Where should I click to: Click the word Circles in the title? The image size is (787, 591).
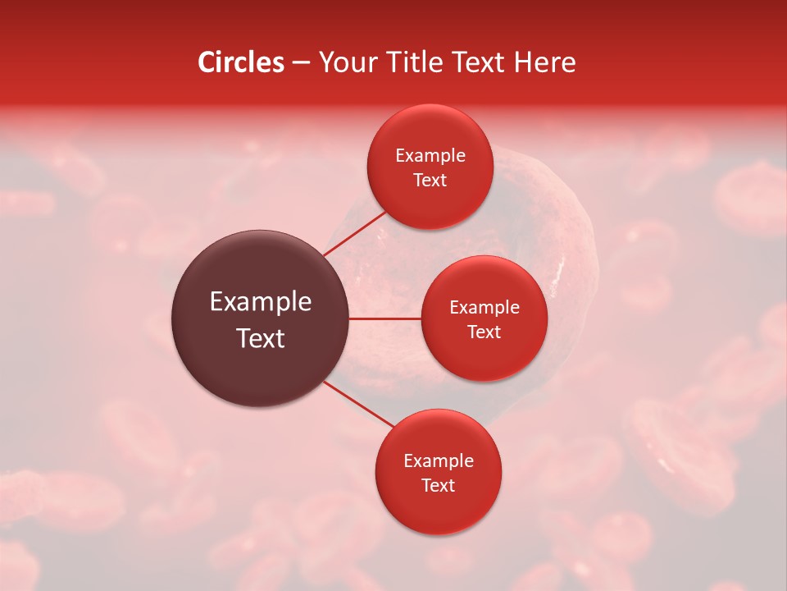(241, 62)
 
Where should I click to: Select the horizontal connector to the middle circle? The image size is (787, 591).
(385, 318)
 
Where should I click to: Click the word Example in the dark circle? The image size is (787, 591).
(261, 302)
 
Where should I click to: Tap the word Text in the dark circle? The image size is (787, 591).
(261, 338)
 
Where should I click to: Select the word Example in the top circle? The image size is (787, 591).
(430, 156)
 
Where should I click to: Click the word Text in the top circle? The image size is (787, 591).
(430, 181)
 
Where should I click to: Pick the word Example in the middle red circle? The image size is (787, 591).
(484, 308)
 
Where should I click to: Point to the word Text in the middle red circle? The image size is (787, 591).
(484, 332)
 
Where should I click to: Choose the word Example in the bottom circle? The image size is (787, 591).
(439, 461)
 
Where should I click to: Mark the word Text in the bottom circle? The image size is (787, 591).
(439, 486)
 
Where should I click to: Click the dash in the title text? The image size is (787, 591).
(301, 63)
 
